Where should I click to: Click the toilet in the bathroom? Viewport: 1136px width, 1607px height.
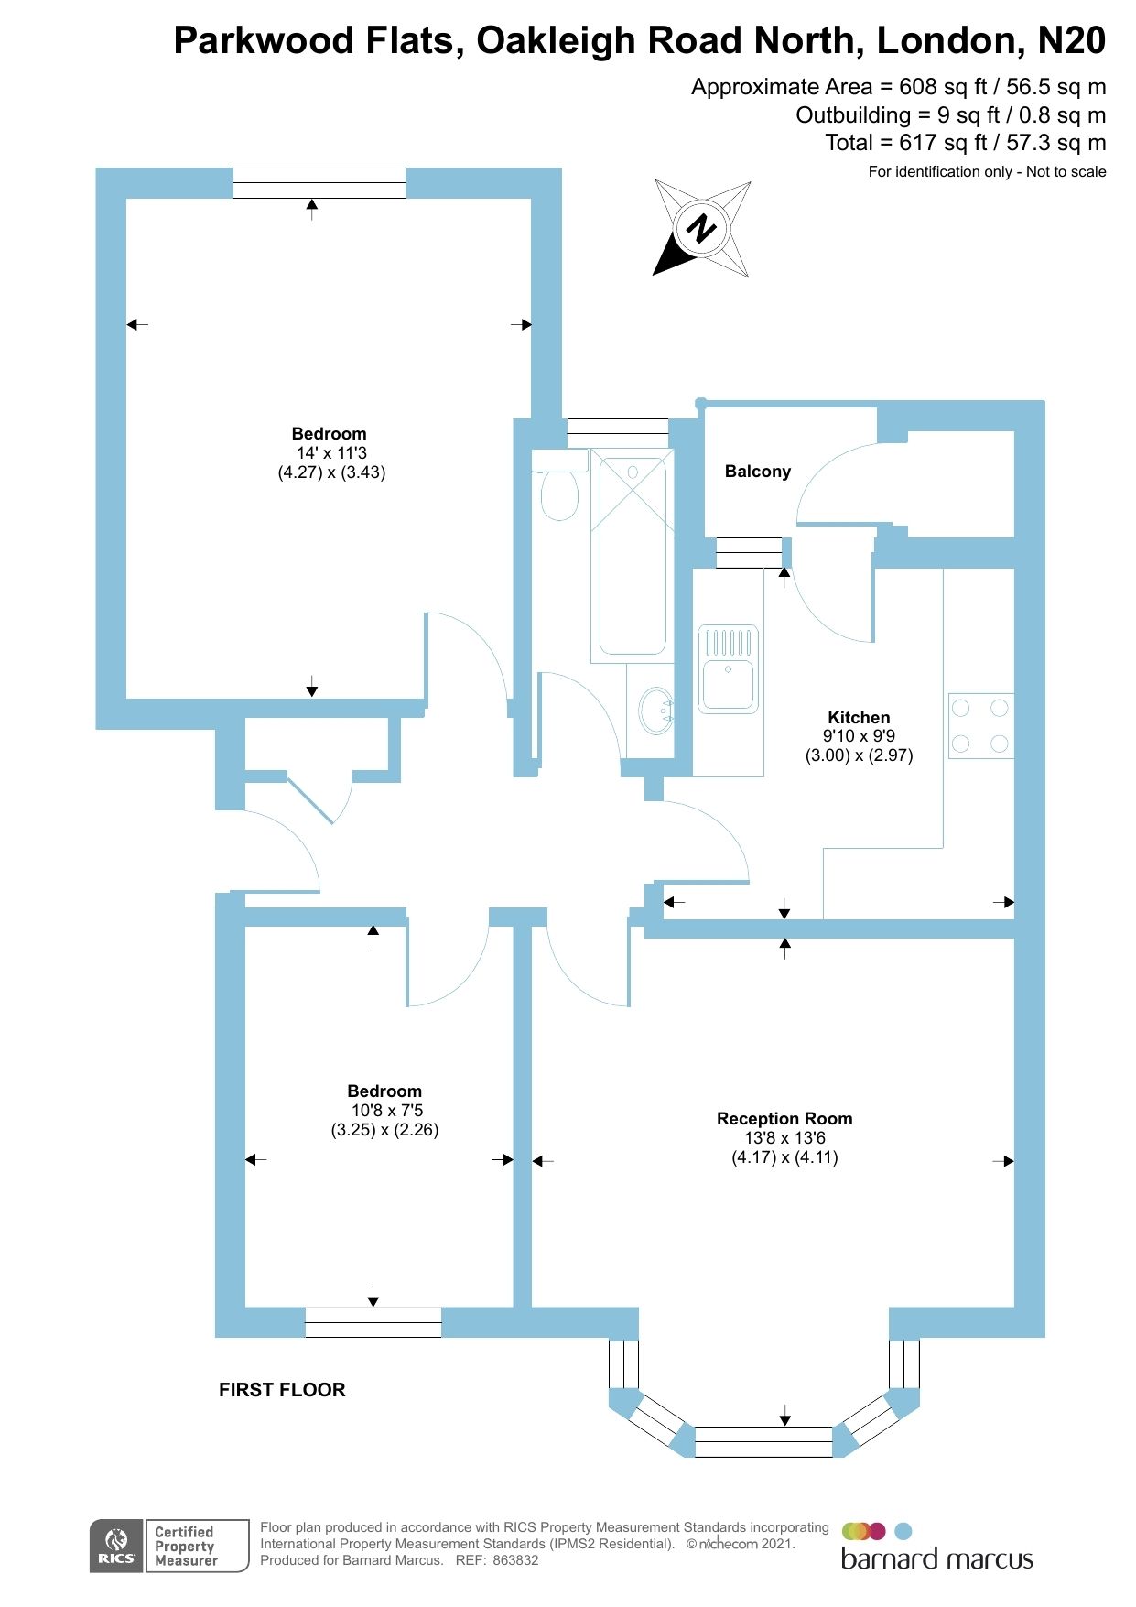[559, 493]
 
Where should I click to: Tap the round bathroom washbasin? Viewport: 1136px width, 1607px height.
[655, 711]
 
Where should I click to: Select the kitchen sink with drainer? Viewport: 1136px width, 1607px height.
[729, 669]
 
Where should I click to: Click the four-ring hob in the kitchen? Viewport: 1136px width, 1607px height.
[980, 725]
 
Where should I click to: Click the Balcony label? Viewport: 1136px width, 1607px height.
[757, 472]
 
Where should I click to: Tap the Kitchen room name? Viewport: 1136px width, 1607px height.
[859, 718]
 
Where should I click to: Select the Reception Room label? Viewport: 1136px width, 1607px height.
[784, 1118]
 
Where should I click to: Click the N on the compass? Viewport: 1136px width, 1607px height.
[702, 227]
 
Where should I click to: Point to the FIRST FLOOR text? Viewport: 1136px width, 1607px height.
[282, 1390]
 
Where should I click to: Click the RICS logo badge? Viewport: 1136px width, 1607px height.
[117, 1547]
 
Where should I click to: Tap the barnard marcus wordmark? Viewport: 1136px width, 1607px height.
[936, 1559]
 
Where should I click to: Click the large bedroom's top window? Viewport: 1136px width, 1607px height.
[319, 183]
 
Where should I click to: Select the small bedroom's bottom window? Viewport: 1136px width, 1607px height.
[373, 1322]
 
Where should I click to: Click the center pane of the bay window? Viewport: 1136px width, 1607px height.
[763, 1441]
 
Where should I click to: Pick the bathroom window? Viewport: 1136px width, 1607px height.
[617, 428]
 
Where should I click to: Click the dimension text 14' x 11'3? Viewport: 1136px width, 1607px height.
[331, 453]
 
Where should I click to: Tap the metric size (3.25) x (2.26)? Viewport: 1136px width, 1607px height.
[384, 1130]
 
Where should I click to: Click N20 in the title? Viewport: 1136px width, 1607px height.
[1071, 41]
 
